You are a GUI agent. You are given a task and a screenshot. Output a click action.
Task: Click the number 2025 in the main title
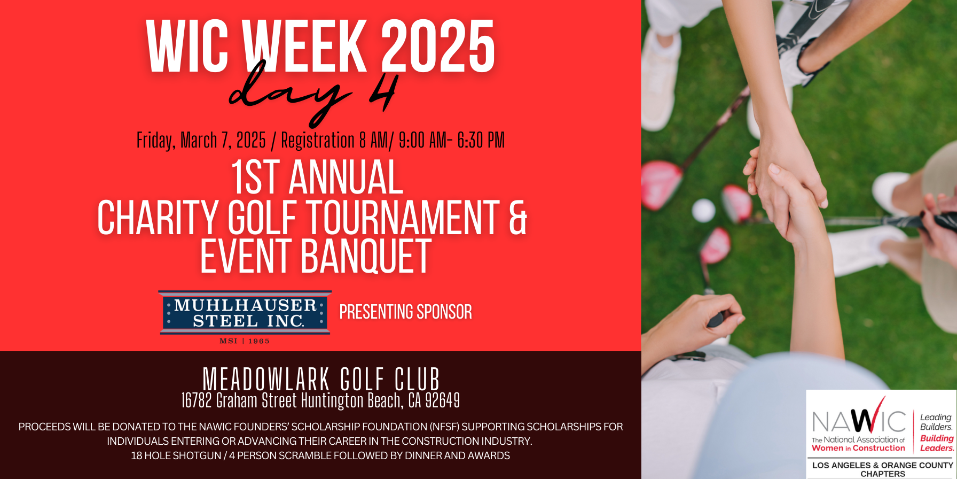(x=438, y=47)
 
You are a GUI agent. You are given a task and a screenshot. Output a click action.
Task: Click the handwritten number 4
(x=382, y=91)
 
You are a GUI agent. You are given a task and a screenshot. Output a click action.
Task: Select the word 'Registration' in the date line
(x=317, y=141)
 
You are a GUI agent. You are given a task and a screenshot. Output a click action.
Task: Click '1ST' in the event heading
(x=255, y=178)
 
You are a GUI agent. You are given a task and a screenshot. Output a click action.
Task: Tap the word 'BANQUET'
(x=366, y=257)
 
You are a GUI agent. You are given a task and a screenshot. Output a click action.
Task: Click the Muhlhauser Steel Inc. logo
(x=245, y=313)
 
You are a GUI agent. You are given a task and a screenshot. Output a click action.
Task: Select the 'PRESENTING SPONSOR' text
(x=405, y=312)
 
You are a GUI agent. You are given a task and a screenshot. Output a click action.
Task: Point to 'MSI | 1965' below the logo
(x=245, y=341)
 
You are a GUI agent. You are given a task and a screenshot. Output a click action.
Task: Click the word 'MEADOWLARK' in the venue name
(x=266, y=380)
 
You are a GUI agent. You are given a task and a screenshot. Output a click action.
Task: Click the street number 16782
(x=197, y=400)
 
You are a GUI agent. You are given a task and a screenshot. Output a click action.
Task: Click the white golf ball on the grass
(x=703, y=210)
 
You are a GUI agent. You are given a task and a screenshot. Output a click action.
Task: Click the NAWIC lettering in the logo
(x=858, y=422)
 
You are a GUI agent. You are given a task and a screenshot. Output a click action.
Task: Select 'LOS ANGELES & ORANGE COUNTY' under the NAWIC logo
(x=882, y=465)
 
